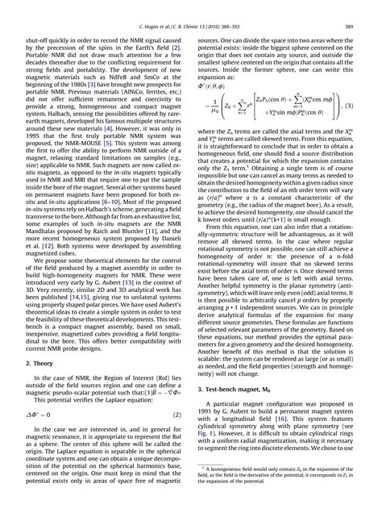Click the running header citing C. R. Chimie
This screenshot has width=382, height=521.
[x=191, y=10]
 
